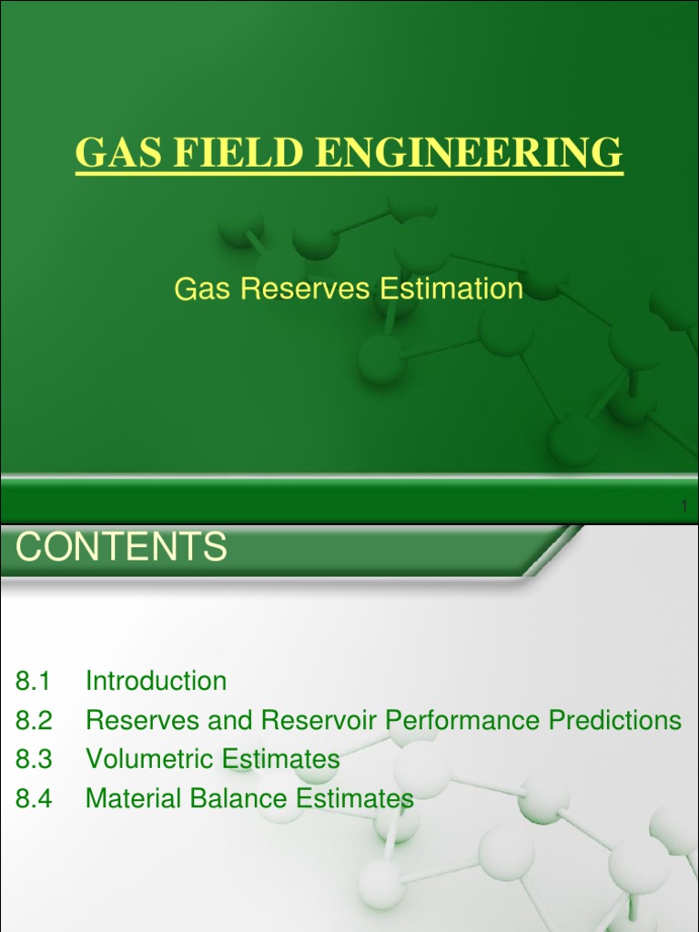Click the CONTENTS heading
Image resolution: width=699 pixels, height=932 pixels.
click(x=122, y=548)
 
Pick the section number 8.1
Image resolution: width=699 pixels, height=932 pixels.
click(x=35, y=681)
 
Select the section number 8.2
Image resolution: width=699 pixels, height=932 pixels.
click(x=35, y=721)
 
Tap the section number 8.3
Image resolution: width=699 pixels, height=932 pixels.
click(x=35, y=759)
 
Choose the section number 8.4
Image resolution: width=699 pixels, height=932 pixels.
click(x=35, y=799)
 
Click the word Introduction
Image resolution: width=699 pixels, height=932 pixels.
click(x=156, y=681)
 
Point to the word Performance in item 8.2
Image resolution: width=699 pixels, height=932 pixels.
click(x=464, y=721)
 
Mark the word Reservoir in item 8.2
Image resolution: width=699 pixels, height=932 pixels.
click(x=320, y=721)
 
